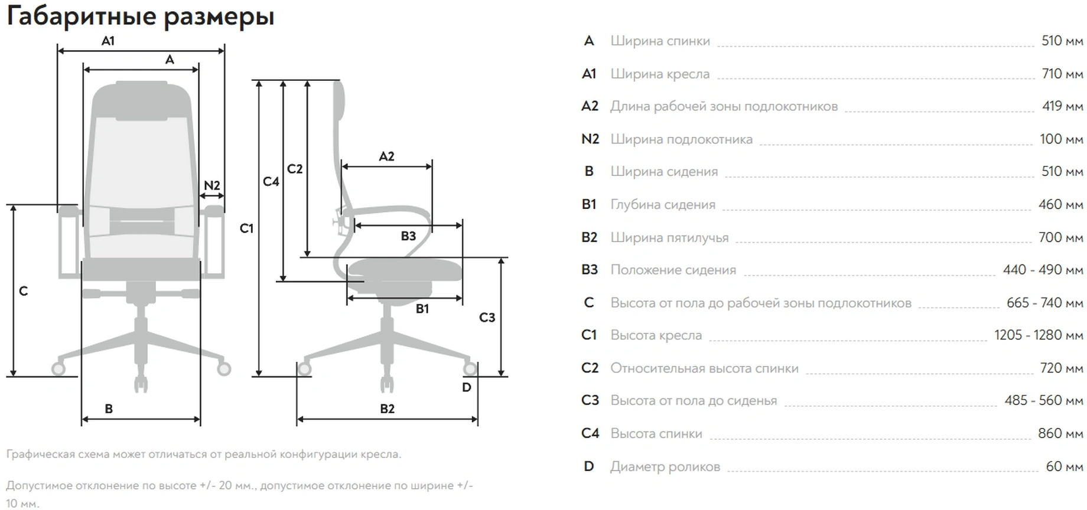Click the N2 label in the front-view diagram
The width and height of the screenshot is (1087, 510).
point(211,185)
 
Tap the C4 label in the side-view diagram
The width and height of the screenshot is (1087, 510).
point(271,182)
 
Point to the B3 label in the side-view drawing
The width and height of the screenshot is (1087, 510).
point(408,236)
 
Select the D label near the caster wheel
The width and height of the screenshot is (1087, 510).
point(467,388)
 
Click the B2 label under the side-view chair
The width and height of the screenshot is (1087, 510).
point(387,408)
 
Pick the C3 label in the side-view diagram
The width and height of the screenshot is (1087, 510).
point(487,318)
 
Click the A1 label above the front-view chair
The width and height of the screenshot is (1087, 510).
point(108,41)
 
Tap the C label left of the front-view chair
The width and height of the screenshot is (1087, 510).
point(24,291)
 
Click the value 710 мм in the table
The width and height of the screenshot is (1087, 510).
point(1062,74)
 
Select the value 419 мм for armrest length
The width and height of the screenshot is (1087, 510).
point(1062,106)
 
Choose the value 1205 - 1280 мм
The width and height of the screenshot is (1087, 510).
point(1039,335)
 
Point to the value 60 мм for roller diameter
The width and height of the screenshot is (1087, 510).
point(1064,466)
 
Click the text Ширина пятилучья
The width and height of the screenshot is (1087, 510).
point(669,237)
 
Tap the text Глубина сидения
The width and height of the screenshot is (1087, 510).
point(663,205)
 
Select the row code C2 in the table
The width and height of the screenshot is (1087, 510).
point(590,368)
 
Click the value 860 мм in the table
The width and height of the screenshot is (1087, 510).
point(1060,433)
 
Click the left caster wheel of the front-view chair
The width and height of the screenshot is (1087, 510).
point(58,369)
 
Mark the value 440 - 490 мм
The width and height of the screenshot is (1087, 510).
point(1043,270)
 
